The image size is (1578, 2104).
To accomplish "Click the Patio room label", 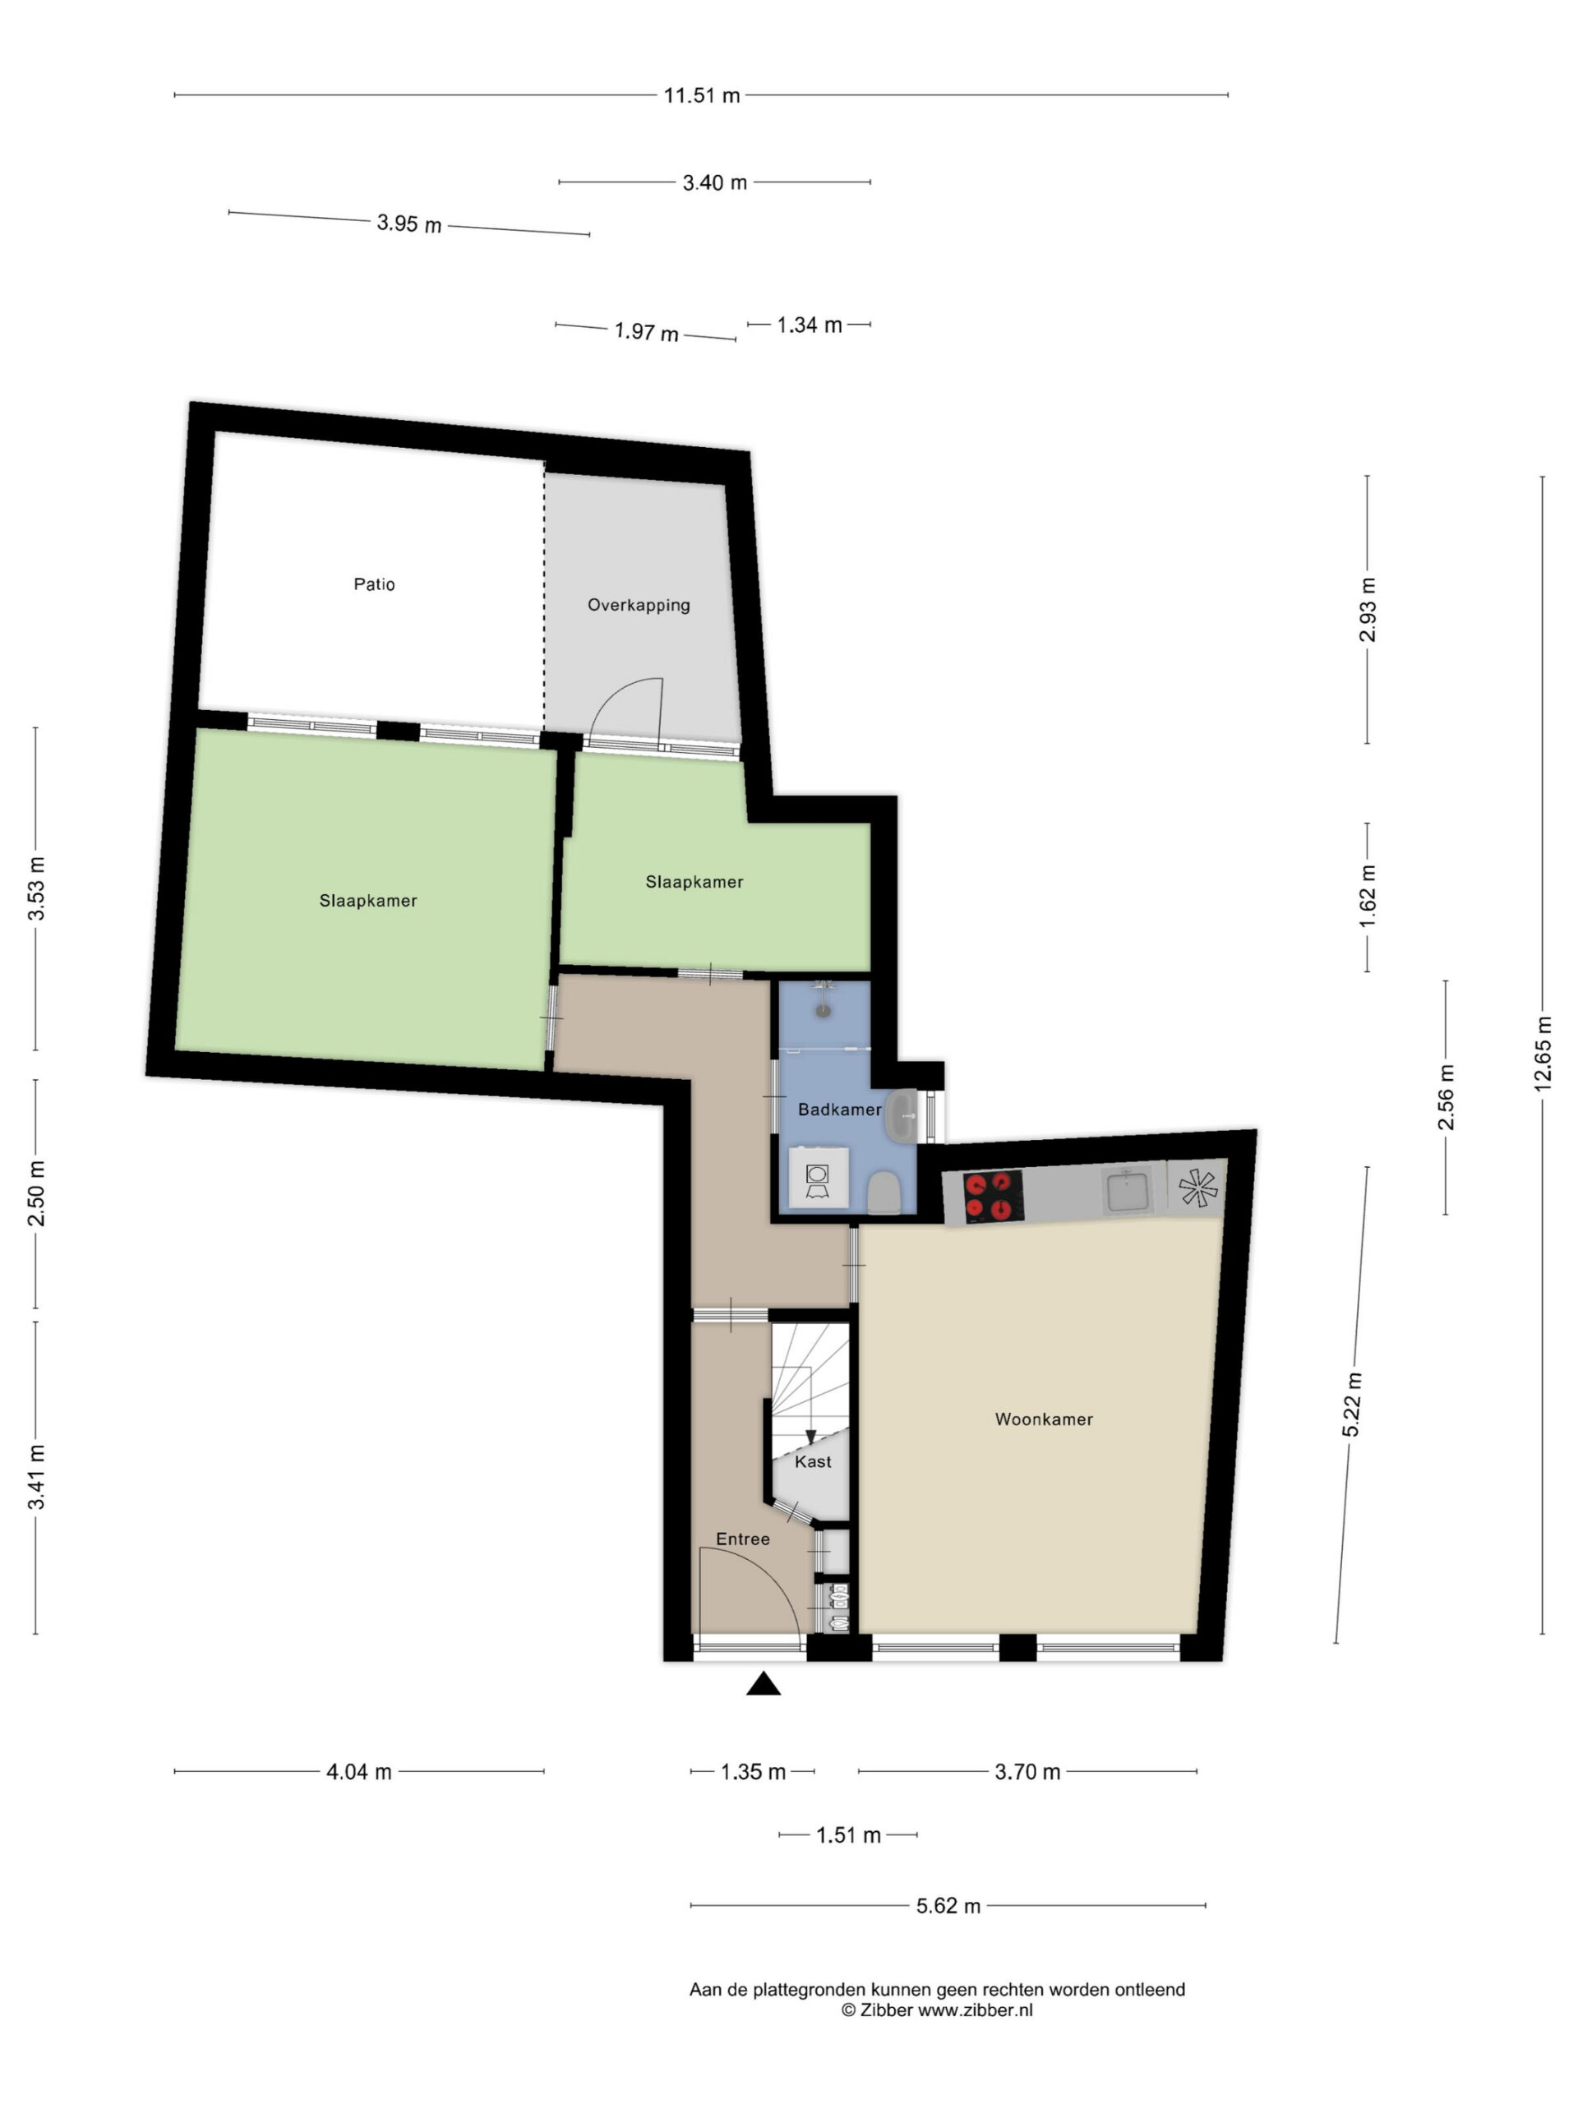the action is (x=374, y=584).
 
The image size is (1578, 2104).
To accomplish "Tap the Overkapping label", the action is (x=639, y=605).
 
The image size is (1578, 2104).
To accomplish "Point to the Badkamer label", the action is (x=839, y=1109).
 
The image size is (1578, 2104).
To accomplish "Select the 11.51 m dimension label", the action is (x=702, y=95).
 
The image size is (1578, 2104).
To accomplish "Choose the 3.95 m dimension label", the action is (x=409, y=224).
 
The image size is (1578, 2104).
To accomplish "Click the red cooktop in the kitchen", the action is (x=993, y=1197).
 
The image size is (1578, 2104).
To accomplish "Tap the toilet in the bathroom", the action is (x=884, y=1193).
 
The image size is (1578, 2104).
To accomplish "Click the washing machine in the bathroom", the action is (x=818, y=1179).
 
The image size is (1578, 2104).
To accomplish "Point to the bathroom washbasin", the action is (x=902, y=1116).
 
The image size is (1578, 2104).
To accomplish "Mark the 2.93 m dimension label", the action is (x=1368, y=610).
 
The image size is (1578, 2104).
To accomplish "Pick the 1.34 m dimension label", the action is (x=810, y=325).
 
